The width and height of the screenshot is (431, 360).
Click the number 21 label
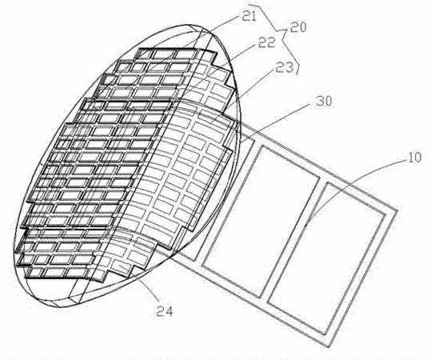[x=249, y=16]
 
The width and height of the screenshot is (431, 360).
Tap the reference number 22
[x=266, y=42]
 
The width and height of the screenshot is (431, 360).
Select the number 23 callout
[x=284, y=67]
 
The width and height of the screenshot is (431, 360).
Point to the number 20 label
[x=297, y=27]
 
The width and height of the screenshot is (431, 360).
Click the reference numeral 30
[x=323, y=102]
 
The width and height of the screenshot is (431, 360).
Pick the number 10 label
[x=414, y=158]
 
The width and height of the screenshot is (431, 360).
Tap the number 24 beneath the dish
[x=165, y=311]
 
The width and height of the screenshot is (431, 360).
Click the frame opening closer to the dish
[x=261, y=222]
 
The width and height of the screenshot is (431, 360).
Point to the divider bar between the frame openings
[x=293, y=240]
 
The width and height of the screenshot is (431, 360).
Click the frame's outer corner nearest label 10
[x=397, y=211]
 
